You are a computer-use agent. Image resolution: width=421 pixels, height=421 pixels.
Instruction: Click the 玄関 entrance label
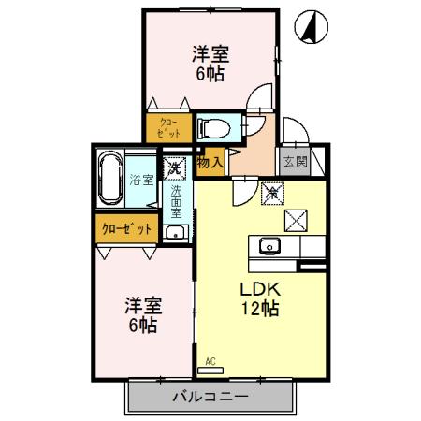pyautogui.click(x=296, y=161)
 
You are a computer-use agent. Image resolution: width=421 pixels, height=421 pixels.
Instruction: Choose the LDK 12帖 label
pyautogui.click(x=258, y=298)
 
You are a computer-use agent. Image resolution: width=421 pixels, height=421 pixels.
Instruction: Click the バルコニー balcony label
pyautogui.click(x=210, y=398)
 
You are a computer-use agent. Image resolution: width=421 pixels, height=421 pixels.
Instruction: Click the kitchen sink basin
pyautogui.click(x=269, y=247)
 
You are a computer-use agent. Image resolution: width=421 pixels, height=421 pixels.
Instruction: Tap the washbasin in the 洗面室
pyautogui.click(x=174, y=232)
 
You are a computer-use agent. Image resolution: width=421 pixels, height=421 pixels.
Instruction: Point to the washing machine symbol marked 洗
pyautogui.click(x=174, y=169)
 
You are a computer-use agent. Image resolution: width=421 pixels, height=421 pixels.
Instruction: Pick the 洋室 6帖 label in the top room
pyautogui.click(x=211, y=63)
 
